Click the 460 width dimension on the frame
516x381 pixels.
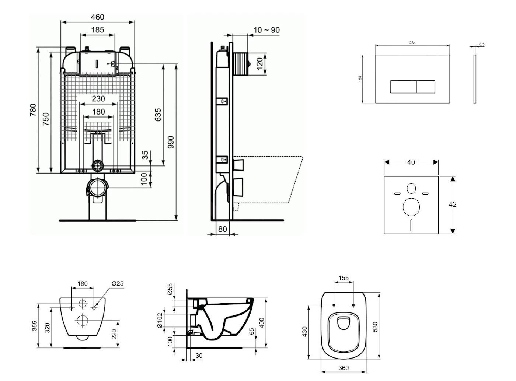[x=97, y=17]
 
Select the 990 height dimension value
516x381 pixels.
[x=171, y=142]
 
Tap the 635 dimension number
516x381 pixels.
[x=158, y=115]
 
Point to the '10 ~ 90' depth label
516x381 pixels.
[x=266, y=30]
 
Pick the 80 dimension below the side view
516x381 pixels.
[x=222, y=229]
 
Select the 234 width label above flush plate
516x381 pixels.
[x=412, y=43]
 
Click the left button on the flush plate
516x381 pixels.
[x=403, y=87]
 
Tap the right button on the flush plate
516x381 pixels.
[x=426, y=87]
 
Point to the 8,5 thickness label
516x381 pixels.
[x=482, y=44]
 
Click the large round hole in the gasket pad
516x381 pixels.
[x=411, y=207]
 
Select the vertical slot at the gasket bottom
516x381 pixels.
[x=411, y=225]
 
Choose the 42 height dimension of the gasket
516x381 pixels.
[x=453, y=204]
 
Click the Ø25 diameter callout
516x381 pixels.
[x=117, y=283]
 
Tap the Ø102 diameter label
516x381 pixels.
[x=160, y=320]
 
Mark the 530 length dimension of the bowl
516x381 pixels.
[x=375, y=326]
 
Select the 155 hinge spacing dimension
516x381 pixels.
[x=343, y=278]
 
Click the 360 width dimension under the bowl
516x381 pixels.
[x=343, y=368]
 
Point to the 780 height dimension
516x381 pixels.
[x=33, y=110]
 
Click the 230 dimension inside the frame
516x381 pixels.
[x=98, y=99]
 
